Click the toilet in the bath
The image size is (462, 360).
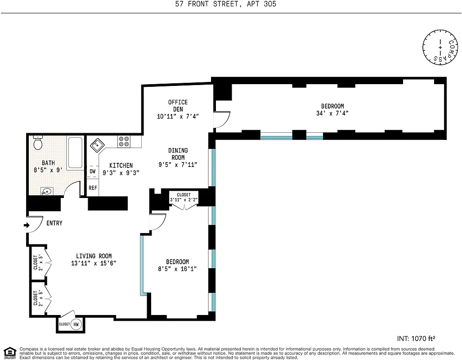click(38, 144)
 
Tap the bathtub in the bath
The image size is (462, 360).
click(75, 153)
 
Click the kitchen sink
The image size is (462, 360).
click(97, 145)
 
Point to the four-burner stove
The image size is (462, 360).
click(124, 142)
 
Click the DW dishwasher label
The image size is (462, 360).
click(92, 171)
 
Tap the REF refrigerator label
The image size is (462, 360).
click(92, 188)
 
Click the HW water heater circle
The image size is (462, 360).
click(76, 324)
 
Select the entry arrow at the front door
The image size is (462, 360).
click(27, 226)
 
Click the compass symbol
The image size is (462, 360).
click(440, 46)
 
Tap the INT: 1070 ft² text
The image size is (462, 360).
click(416, 338)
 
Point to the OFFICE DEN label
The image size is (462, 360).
click(178, 105)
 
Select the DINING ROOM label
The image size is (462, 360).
click(178, 154)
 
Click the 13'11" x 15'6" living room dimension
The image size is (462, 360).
click(94, 263)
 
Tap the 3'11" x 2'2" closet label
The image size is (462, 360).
click(184, 199)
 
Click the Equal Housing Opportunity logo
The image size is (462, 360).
click(9, 352)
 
